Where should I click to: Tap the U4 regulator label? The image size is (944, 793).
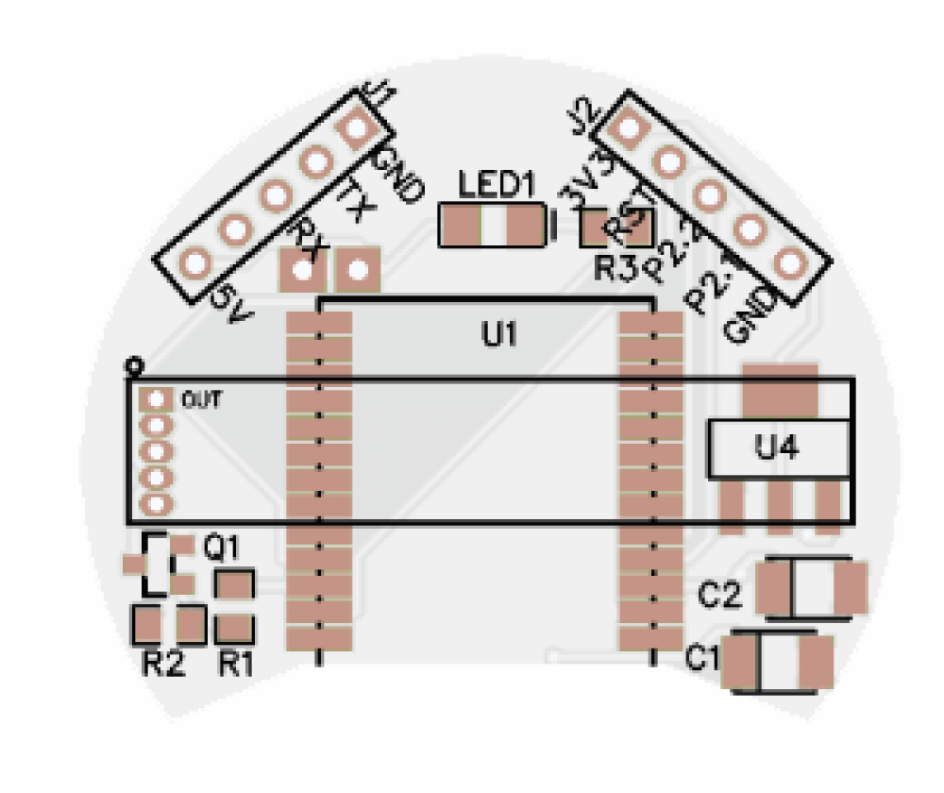click(x=778, y=447)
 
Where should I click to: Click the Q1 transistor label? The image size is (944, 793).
click(x=222, y=548)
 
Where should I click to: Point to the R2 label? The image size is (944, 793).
click(x=163, y=664)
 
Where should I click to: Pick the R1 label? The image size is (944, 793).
click(x=236, y=664)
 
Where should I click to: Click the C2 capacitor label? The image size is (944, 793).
click(x=720, y=596)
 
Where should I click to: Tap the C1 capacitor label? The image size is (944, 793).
click(x=702, y=656)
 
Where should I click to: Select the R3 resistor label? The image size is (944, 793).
click(x=615, y=268)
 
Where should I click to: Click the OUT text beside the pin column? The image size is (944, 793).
click(x=201, y=400)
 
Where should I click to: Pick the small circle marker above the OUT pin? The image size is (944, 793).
click(x=134, y=364)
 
